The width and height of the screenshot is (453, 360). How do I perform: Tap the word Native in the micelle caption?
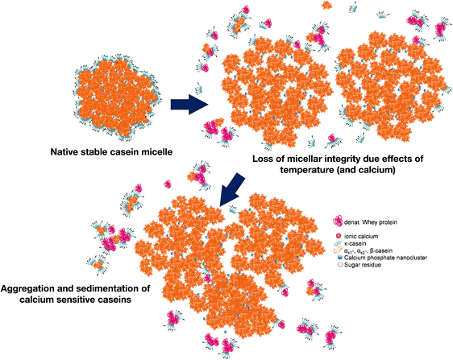coord(64,151)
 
